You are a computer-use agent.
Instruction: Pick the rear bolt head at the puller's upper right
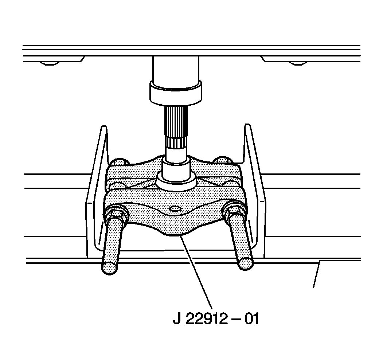coord(222,160)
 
